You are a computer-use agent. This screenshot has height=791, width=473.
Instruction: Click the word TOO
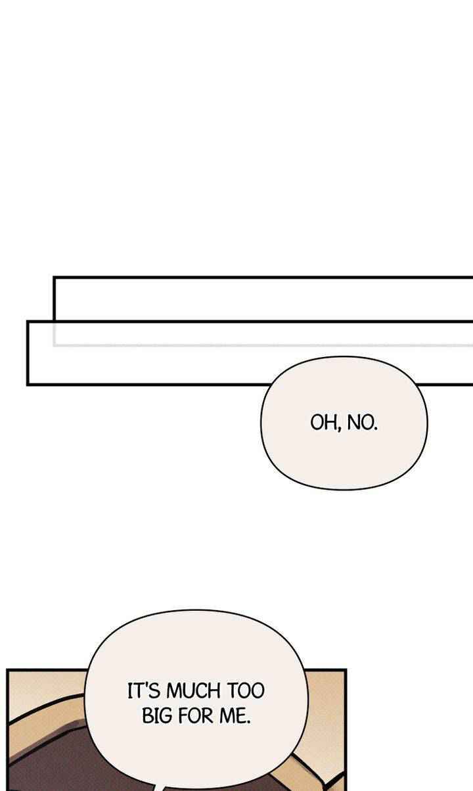(x=245, y=691)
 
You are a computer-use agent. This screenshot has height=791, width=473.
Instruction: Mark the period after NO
(x=376, y=429)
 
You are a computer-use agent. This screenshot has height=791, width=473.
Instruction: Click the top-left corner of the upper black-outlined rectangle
(x=54, y=278)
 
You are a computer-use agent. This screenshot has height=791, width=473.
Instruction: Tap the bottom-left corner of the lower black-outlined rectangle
(x=28, y=383)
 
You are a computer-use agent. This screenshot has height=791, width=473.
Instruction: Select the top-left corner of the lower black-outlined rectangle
(x=28, y=322)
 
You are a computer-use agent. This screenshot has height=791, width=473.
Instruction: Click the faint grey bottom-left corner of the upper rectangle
(x=55, y=344)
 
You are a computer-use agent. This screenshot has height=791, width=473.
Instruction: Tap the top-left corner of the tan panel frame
(x=8, y=671)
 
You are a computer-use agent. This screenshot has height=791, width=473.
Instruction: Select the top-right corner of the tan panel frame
(x=345, y=671)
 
